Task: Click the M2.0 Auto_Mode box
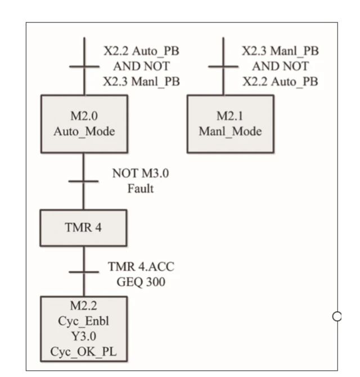[x=84, y=123]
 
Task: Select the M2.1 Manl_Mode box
[x=230, y=123]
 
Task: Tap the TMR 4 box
[x=84, y=227]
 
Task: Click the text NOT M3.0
[x=140, y=174]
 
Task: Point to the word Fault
[x=140, y=188]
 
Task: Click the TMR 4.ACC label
[x=145, y=267]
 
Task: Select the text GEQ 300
[x=145, y=281]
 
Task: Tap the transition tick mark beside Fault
[x=84, y=181]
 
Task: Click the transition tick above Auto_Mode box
[x=84, y=66]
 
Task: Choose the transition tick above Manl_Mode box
[x=223, y=66]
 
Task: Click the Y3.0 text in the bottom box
[x=84, y=340]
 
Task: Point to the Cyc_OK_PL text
[x=84, y=354]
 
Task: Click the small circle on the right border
[x=337, y=316]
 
